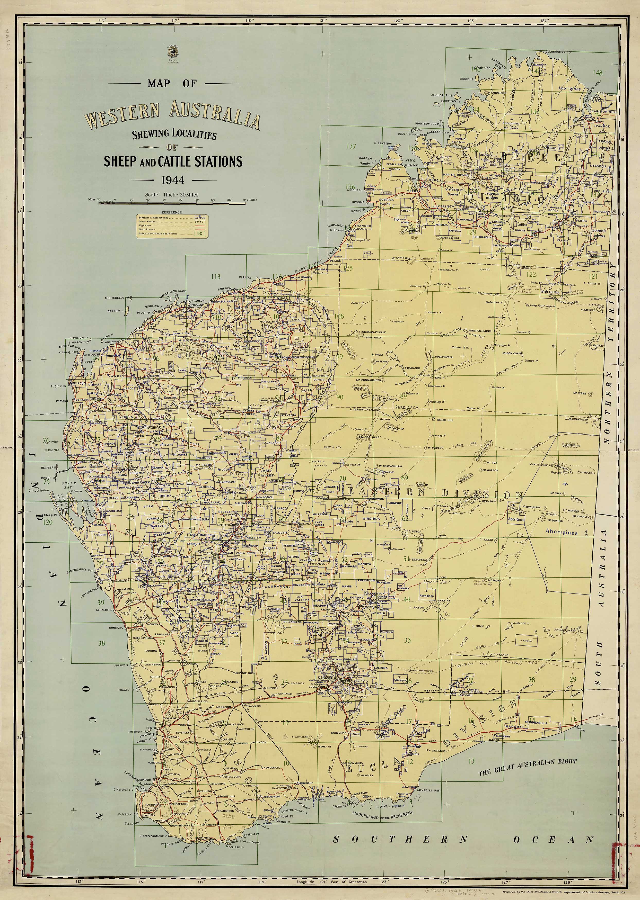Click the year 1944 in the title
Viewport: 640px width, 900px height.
[x=173, y=180]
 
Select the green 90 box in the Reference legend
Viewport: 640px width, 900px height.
[x=200, y=233]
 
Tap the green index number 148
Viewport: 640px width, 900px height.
[x=598, y=73]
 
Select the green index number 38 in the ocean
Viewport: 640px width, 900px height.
[x=101, y=643]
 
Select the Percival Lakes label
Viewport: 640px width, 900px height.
[x=480, y=331]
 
